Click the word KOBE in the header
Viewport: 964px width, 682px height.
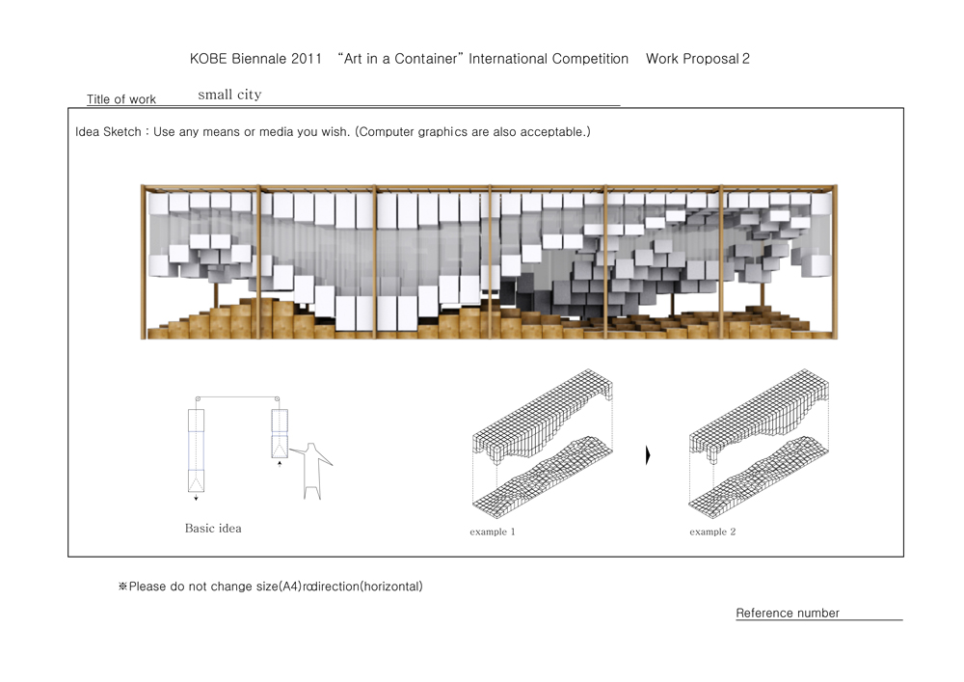click(x=207, y=59)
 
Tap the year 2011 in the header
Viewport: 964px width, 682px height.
click(x=307, y=59)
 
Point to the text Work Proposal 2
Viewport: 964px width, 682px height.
click(x=698, y=59)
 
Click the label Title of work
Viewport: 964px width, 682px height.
click(x=121, y=99)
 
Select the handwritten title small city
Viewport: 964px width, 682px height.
click(x=230, y=95)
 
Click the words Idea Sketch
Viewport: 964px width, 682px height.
click(x=108, y=131)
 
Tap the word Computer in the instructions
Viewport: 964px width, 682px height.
click(x=387, y=131)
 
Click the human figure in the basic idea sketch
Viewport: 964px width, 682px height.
click(x=312, y=471)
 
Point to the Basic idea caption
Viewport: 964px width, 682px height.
click(x=213, y=529)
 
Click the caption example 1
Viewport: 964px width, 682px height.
click(x=493, y=532)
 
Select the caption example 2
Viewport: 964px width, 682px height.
click(x=712, y=532)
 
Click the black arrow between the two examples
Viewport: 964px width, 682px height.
click(x=648, y=455)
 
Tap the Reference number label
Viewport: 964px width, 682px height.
click(x=788, y=614)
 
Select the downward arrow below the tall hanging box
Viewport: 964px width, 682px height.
click(x=196, y=497)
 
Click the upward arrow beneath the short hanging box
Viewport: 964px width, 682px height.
click(x=280, y=464)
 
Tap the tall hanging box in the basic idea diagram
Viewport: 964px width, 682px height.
click(x=196, y=450)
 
